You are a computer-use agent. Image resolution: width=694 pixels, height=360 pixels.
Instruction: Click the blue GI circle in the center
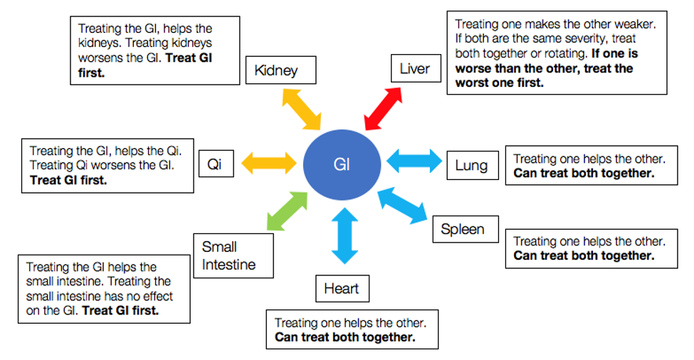pos(342,164)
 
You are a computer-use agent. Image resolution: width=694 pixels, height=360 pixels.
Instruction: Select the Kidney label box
pos(280,70)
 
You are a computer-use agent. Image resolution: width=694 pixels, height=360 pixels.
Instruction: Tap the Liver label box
pos(416,68)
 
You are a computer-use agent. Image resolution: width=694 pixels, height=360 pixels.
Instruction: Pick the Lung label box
pos(473,165)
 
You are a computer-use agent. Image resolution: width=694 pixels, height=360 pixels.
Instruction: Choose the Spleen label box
pos(466,229)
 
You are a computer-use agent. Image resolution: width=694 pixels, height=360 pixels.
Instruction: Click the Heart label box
pos(342,288)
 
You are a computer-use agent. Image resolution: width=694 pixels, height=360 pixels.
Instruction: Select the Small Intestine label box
pos(233,255)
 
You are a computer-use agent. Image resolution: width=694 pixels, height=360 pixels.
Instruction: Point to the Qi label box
pos(216,164)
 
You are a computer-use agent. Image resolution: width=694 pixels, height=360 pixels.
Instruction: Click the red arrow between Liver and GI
pos(383,109)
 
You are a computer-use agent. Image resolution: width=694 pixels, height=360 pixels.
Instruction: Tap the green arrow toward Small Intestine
pos(288,211)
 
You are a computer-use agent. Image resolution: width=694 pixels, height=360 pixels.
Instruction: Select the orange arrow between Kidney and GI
pos(301,110)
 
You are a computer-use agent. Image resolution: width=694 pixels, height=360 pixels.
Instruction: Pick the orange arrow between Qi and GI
pos(268,163)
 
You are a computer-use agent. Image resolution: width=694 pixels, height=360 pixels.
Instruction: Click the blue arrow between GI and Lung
pos(414,161)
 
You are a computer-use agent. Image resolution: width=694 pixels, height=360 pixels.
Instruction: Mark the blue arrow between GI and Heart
pos(345,235)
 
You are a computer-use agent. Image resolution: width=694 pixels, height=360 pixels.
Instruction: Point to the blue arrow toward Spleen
pos(402,205)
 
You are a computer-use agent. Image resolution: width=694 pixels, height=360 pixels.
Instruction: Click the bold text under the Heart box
pos(345,337)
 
